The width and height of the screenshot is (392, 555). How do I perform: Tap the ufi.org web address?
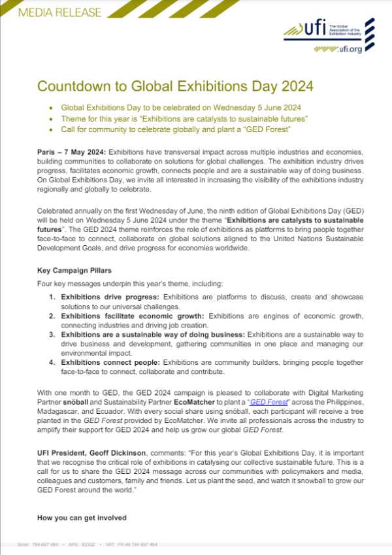coord(348,49)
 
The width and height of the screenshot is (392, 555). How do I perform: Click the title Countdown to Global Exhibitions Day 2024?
coord(175,86)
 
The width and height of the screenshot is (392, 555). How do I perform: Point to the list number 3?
coord(53,335)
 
